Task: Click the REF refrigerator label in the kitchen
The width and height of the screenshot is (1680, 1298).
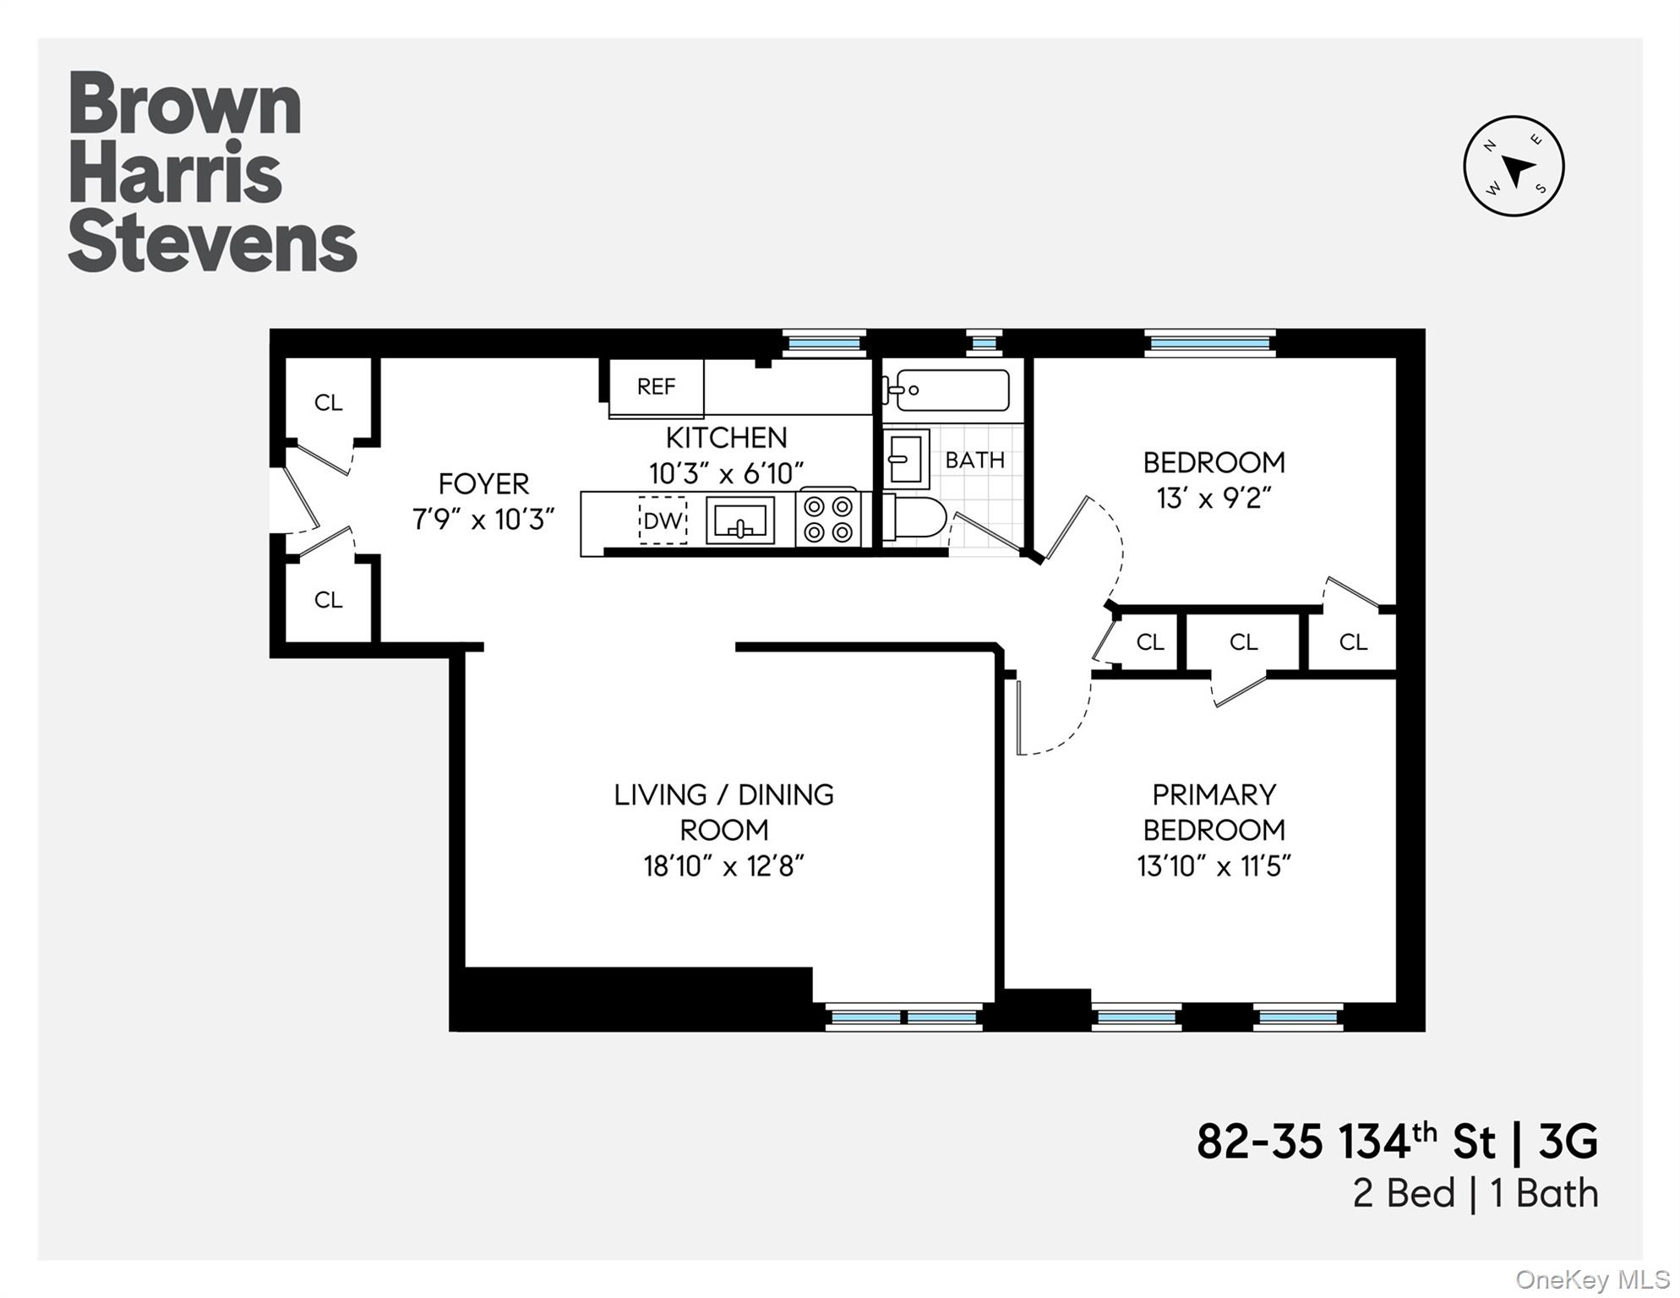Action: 656,387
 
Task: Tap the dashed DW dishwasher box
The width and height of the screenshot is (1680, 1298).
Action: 662,521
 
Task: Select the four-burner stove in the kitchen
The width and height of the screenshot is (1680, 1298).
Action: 828,519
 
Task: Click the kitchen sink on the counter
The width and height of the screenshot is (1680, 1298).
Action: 740,521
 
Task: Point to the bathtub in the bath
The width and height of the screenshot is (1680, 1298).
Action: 951,390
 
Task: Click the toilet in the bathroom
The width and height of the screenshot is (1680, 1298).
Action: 917,517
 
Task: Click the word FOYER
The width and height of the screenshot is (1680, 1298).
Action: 483,484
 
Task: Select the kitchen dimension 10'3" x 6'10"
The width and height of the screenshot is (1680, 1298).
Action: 726,473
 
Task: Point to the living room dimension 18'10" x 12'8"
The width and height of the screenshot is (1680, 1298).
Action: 723,866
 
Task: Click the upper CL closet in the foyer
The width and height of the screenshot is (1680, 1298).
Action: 328,403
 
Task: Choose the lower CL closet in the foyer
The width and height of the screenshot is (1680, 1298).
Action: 328,600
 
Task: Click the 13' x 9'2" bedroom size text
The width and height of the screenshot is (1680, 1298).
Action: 1214,499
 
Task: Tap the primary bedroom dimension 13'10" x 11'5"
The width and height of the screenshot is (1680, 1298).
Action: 1214,866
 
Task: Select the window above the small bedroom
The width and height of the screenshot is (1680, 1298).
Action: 1210,343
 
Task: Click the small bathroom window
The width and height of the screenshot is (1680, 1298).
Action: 984,343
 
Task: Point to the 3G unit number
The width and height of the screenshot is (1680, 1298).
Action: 1568,1142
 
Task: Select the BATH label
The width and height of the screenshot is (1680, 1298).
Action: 974,461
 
